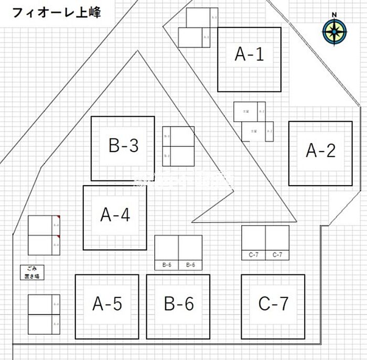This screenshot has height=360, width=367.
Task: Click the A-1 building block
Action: [x=249, y=59]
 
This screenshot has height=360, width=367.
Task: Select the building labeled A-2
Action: [x=320, y=153]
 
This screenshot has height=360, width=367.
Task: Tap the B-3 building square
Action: [x=123, y=149]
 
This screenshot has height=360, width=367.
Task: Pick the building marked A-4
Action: [x=115, y=217]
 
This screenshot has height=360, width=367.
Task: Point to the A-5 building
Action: [x=107, y=306]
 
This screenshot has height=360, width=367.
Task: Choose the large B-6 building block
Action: [x=178, y=306]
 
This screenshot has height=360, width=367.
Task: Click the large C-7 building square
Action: [x=273, y=306]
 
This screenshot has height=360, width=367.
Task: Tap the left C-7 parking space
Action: [x=253, y=242]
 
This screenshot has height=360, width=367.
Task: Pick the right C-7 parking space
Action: [x=277, y=242]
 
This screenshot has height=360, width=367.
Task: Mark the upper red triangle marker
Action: [x=59, y=217]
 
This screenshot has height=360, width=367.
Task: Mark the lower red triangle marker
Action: [x=59, y=237]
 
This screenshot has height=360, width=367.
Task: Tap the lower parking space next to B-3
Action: [x=178, y=156]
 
